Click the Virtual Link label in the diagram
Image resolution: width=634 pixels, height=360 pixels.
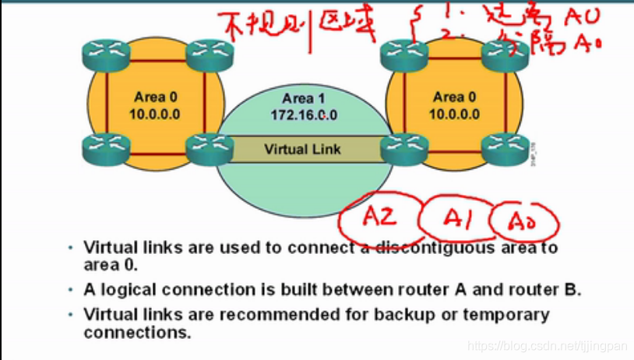tap(302, 150)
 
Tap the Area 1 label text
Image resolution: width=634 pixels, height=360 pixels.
tap(303, 98)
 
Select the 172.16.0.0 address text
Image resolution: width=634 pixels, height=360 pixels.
tap(304, 115)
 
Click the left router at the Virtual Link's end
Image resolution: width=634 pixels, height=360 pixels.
tap(210, 146)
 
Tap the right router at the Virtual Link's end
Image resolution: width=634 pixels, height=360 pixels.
tap(403, 146)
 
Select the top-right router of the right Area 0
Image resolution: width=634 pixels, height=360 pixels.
tap(505, 53)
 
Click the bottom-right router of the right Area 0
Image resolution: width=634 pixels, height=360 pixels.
tap(505, 146)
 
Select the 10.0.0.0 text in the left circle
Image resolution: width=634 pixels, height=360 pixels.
tap(155, 114)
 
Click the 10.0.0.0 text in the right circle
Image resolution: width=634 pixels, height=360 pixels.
tap(454, 114)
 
